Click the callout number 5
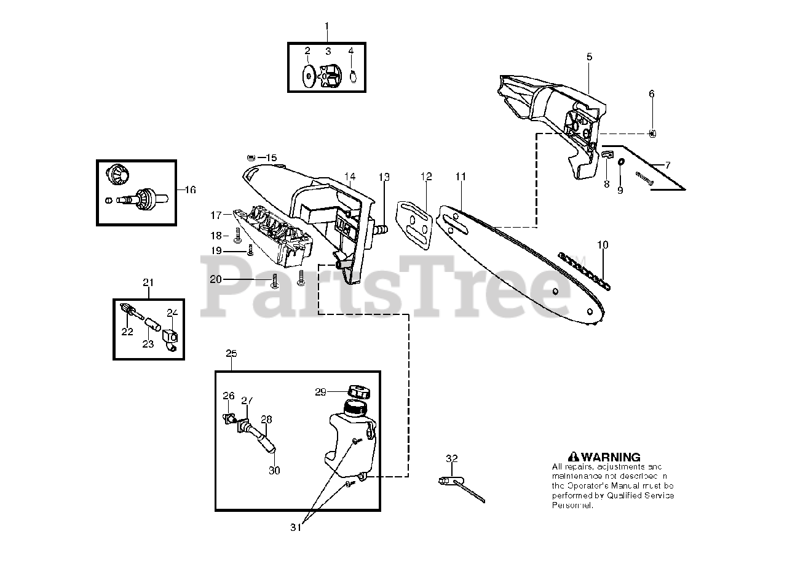[589, 57]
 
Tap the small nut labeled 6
[652, 133]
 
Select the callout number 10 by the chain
[603, 245]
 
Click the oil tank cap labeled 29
[358, 391]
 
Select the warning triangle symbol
[573, 457]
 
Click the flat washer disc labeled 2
[307, 76]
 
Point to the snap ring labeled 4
[353, 76]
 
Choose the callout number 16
[190, 190]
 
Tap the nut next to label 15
[251, 157]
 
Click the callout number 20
[215, 279]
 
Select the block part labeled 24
[171, 337]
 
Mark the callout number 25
[231, 354]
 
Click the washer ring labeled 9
[620, 161]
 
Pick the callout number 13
[384, 177]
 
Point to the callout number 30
[274, 471]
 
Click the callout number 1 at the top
[326, 26]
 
